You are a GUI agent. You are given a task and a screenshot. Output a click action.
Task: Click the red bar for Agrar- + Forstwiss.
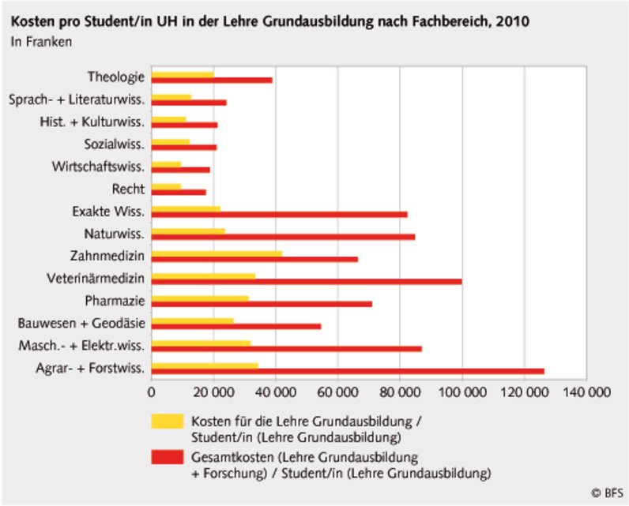(348, 371)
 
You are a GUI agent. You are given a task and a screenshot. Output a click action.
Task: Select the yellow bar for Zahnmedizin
(217, 253)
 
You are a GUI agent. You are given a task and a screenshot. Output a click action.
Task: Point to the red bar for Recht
(179, 192)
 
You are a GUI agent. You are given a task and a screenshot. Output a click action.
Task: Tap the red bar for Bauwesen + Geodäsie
(236, 325)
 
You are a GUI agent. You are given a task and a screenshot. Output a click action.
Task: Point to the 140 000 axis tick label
(586, 391)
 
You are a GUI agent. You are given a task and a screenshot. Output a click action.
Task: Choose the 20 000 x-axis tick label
(213, 391)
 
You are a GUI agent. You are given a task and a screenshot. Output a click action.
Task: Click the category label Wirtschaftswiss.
(99, 167)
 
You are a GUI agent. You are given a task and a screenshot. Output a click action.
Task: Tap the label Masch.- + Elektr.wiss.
(82, 346)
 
